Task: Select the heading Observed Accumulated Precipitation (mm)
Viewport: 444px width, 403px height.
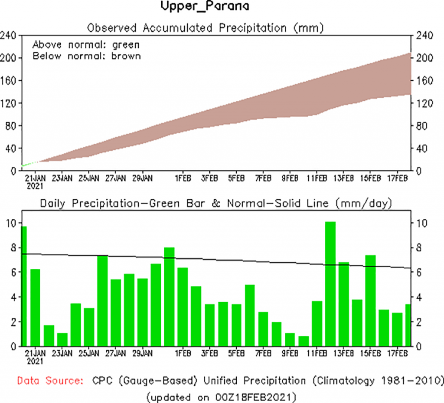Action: (206, 28)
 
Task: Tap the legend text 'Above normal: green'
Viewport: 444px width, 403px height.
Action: (86, 44)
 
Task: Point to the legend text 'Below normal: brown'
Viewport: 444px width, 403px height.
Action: (87, 56)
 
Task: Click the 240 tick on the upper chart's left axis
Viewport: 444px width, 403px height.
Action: (9, 36)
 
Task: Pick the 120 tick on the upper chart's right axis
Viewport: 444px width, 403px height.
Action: (424, 103)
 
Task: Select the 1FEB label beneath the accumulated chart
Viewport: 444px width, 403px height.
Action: (183, 178)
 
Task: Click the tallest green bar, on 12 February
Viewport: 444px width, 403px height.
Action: (330, 284)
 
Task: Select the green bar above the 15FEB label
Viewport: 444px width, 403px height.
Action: (370, 301)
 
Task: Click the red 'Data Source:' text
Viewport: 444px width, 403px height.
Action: (50, 381)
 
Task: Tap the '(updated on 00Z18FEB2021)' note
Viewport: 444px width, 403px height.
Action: (221, 396)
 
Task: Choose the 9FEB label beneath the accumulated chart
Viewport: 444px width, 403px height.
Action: (290, 178)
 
